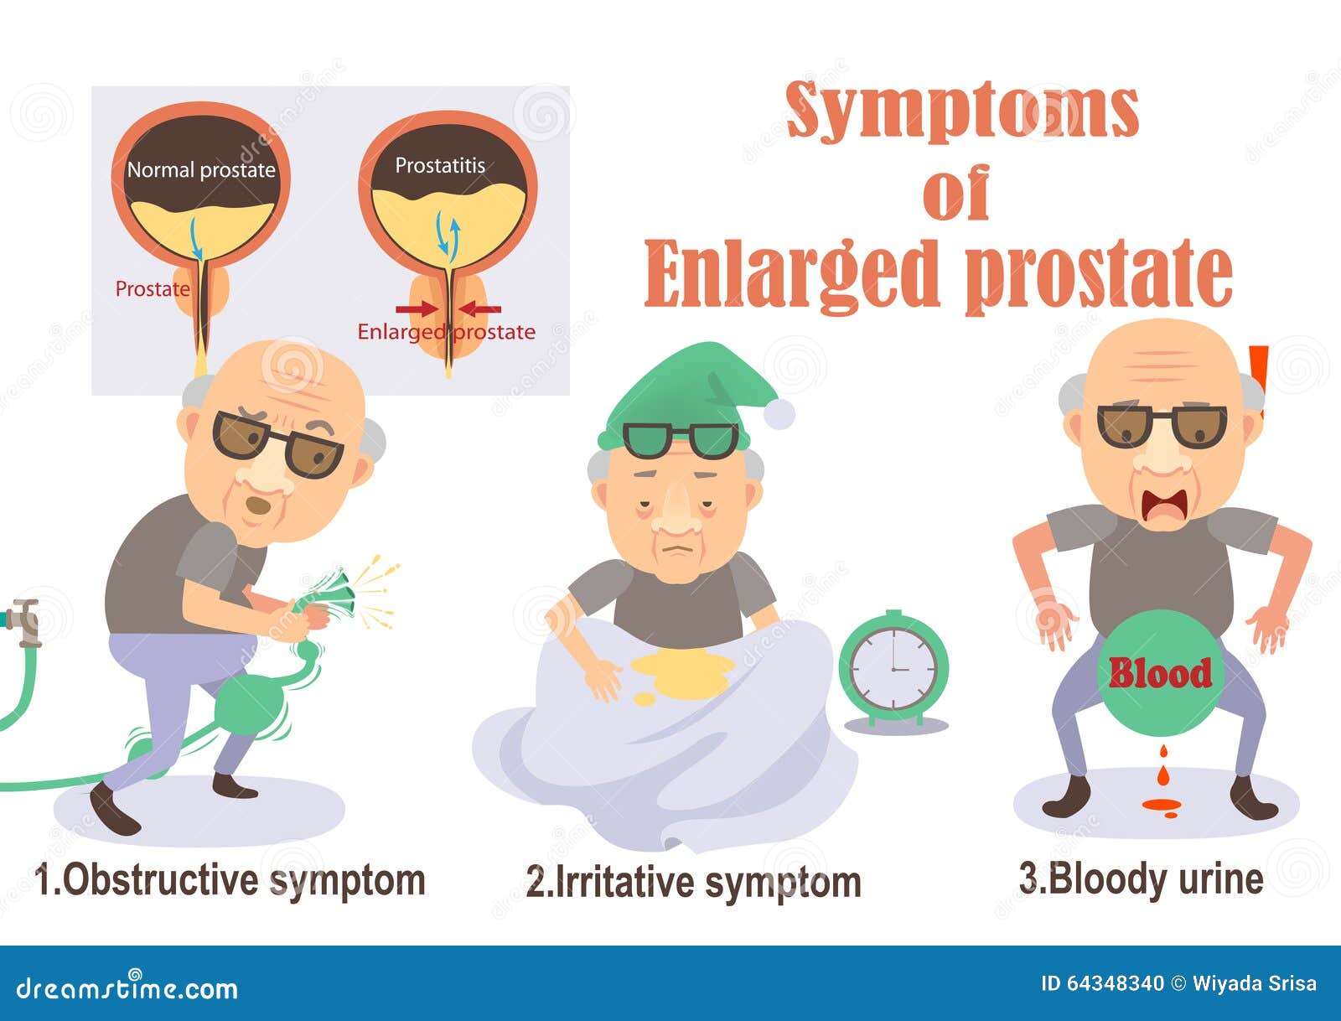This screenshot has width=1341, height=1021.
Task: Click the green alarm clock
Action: tap(893, 669)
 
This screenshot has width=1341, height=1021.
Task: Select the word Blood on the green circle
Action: tap(1160, 673)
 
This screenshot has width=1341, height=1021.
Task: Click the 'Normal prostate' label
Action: tap(201, 170)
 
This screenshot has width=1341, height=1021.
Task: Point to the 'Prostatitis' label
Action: tap(440, 165)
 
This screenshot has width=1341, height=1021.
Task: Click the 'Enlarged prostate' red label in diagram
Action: tap(446, 332)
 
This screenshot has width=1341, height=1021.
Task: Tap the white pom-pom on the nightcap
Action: tap(779, 413)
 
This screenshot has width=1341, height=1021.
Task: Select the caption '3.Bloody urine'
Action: tap(1141, 880)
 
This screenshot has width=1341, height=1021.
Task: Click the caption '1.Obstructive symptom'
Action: tap(230, 880)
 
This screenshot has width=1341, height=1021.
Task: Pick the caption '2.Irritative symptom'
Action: tap(693, 883)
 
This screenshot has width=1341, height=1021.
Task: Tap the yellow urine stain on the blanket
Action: tap(681, 676)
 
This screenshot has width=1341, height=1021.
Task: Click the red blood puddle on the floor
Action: tap(1162, 806)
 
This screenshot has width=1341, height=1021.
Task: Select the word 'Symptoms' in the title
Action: tap(962, 111)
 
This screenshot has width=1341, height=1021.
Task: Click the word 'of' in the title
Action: tap(955, 192)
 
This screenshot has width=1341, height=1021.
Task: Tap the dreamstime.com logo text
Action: tap(127, 988)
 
